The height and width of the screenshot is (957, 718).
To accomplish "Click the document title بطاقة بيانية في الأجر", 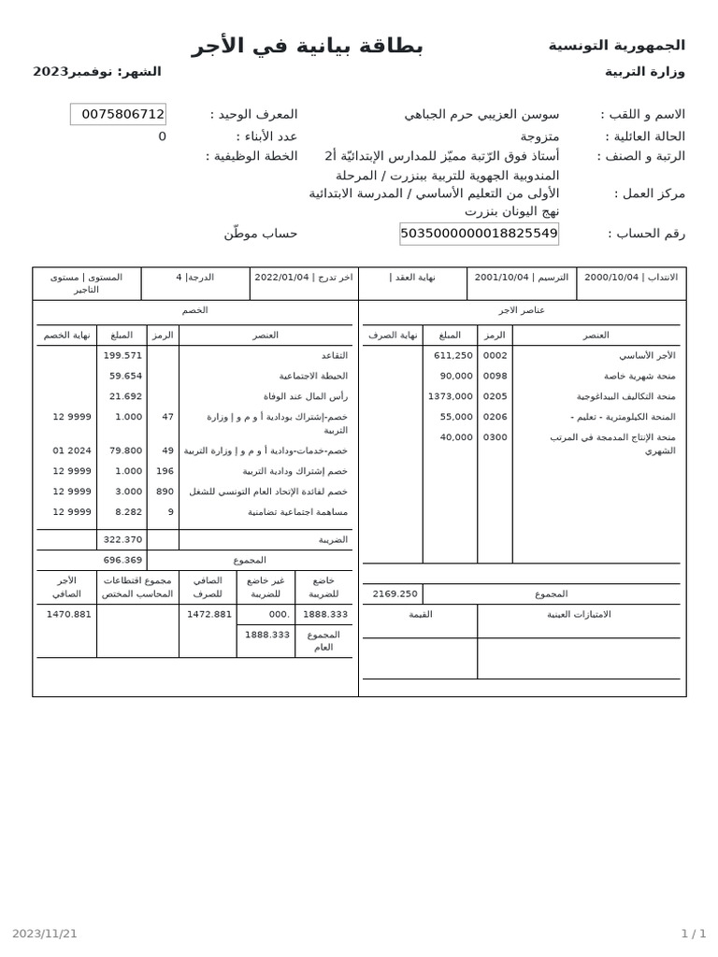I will pos(308,46).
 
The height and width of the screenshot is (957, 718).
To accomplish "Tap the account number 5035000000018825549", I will pos(479,234).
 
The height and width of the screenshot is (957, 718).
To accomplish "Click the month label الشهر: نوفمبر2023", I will pos(97,72).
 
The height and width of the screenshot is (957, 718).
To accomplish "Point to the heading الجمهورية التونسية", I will pos(616,45).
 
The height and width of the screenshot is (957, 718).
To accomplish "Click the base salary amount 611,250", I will pos(453,355).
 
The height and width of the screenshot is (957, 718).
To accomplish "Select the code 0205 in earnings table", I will pos(495,396).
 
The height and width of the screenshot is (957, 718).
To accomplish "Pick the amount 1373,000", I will pos(451,396).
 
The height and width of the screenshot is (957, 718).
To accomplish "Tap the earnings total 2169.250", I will pos(395,593).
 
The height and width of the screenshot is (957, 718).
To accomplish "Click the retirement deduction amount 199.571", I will pos(122,355).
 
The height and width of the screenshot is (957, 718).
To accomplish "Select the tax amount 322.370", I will pos(122,539).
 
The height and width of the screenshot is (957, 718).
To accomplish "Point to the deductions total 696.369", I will pos(122,560).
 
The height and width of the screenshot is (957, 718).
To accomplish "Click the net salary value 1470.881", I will pos(69,614).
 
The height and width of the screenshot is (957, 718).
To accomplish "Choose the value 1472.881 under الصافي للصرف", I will pos(209,614).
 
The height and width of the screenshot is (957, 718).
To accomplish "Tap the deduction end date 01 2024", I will pos(72,450).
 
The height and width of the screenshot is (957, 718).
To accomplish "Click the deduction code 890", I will pos(165,492).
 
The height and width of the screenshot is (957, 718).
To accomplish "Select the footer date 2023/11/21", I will pos(45,933).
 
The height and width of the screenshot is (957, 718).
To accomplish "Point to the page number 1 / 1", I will pos(693,933).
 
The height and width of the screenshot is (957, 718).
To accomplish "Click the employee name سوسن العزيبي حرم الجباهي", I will pos(481,114).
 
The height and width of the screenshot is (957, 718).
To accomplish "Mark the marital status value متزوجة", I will pos(539,136).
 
